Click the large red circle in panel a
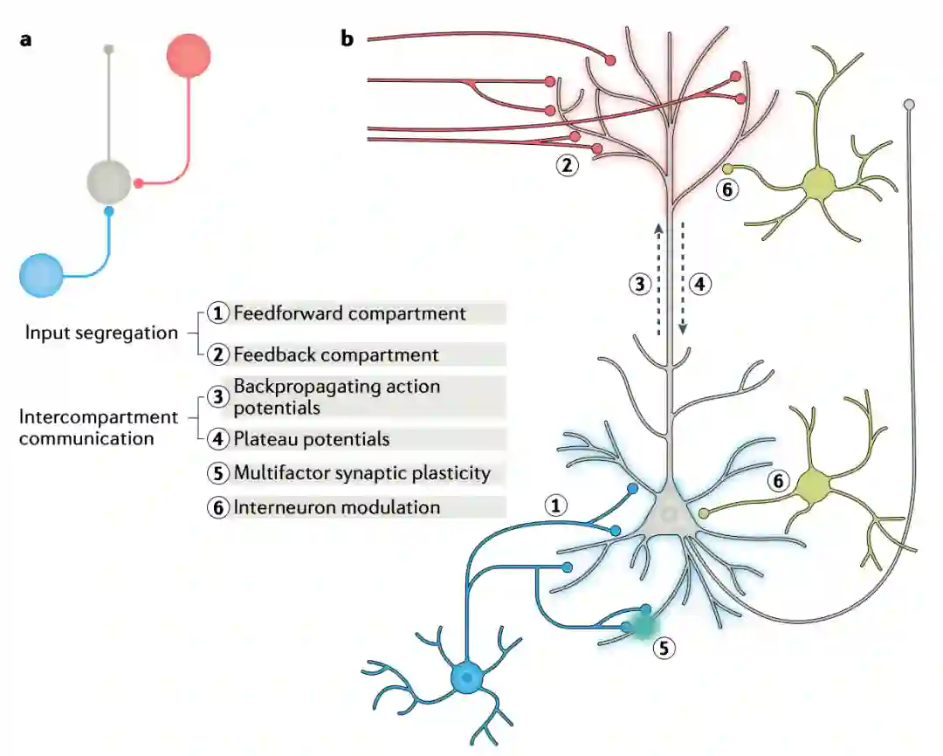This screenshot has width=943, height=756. pyautogui.click(x=189, y=56)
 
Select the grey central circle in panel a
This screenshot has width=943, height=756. pyautogui.click(x=108, y=182)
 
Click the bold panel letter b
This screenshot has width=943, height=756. pyautogui.click(x=348, y=39)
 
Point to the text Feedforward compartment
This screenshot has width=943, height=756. pyautogui.click(x=350, y=313)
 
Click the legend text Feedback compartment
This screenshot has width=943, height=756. pyautogui.click(x=336, y=355)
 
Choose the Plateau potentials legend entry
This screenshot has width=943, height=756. pyautogui.click(x=312, y=439)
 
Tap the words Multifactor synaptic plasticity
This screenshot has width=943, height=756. pyautogui.click(x=362, y=473)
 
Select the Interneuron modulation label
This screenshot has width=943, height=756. pyautogui.click(x=337, y=507)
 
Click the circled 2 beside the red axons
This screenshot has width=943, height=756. pyautogui.click(x=568, y=165)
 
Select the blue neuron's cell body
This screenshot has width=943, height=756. pyautogui.click(x=469, y=677)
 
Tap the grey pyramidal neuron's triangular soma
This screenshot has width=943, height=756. pyautogui.click(x=669, y=515)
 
